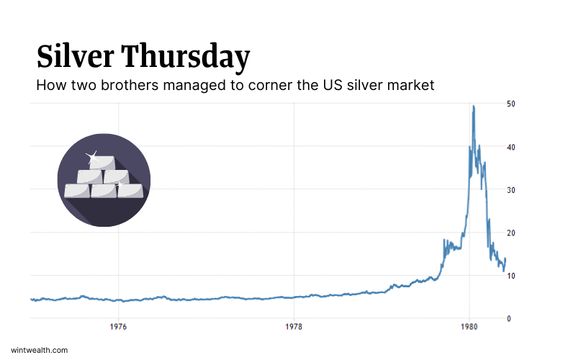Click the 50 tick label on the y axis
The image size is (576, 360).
510,104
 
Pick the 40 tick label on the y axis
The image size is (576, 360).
510,147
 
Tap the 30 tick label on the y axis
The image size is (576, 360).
510,189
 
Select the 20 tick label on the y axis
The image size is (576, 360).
510,233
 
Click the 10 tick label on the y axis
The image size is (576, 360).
510,276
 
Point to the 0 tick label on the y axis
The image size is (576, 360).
509,318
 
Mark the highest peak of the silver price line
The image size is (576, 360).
473,107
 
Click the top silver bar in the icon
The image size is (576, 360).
102,163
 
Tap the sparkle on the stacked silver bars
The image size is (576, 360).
91,156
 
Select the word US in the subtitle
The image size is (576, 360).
333,86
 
